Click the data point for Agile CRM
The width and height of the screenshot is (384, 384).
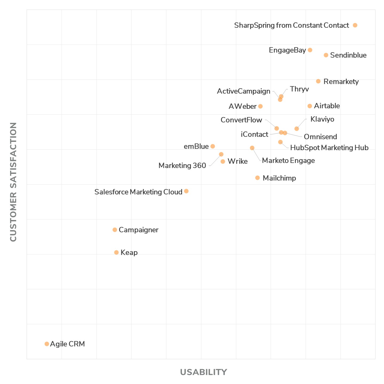tap(47, 344)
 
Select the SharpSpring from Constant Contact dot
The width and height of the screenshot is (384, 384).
tap(355, 25)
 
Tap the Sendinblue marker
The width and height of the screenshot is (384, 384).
tap(326, 55)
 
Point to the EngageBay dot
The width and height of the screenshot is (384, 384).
tap(310, 50)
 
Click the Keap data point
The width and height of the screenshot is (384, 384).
tap(116, 253)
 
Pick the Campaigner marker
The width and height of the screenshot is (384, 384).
tap(115, 230)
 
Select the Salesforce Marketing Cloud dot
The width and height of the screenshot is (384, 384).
tap(186, 191)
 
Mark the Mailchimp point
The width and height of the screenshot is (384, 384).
tap(257, 178)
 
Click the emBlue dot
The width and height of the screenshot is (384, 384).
tap(213, 146)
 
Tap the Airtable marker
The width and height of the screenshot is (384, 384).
tap(310, 106)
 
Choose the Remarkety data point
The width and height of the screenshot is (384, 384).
tap(318, 81)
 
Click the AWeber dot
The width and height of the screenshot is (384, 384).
tap(260, 106)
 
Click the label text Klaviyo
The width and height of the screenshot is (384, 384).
tap(322, 119)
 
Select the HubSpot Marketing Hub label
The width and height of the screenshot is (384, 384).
tap(329, 148)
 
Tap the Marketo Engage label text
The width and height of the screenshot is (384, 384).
tap(288, 161)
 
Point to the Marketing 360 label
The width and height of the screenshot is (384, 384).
tap(182, 166)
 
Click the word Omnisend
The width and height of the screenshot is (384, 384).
tap(320, 137)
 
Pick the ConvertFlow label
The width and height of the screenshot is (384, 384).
tap(241, 120)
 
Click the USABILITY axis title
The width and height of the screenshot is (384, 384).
tap(203, 372)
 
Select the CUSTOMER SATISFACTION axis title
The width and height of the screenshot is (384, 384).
tap(13, 182)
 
